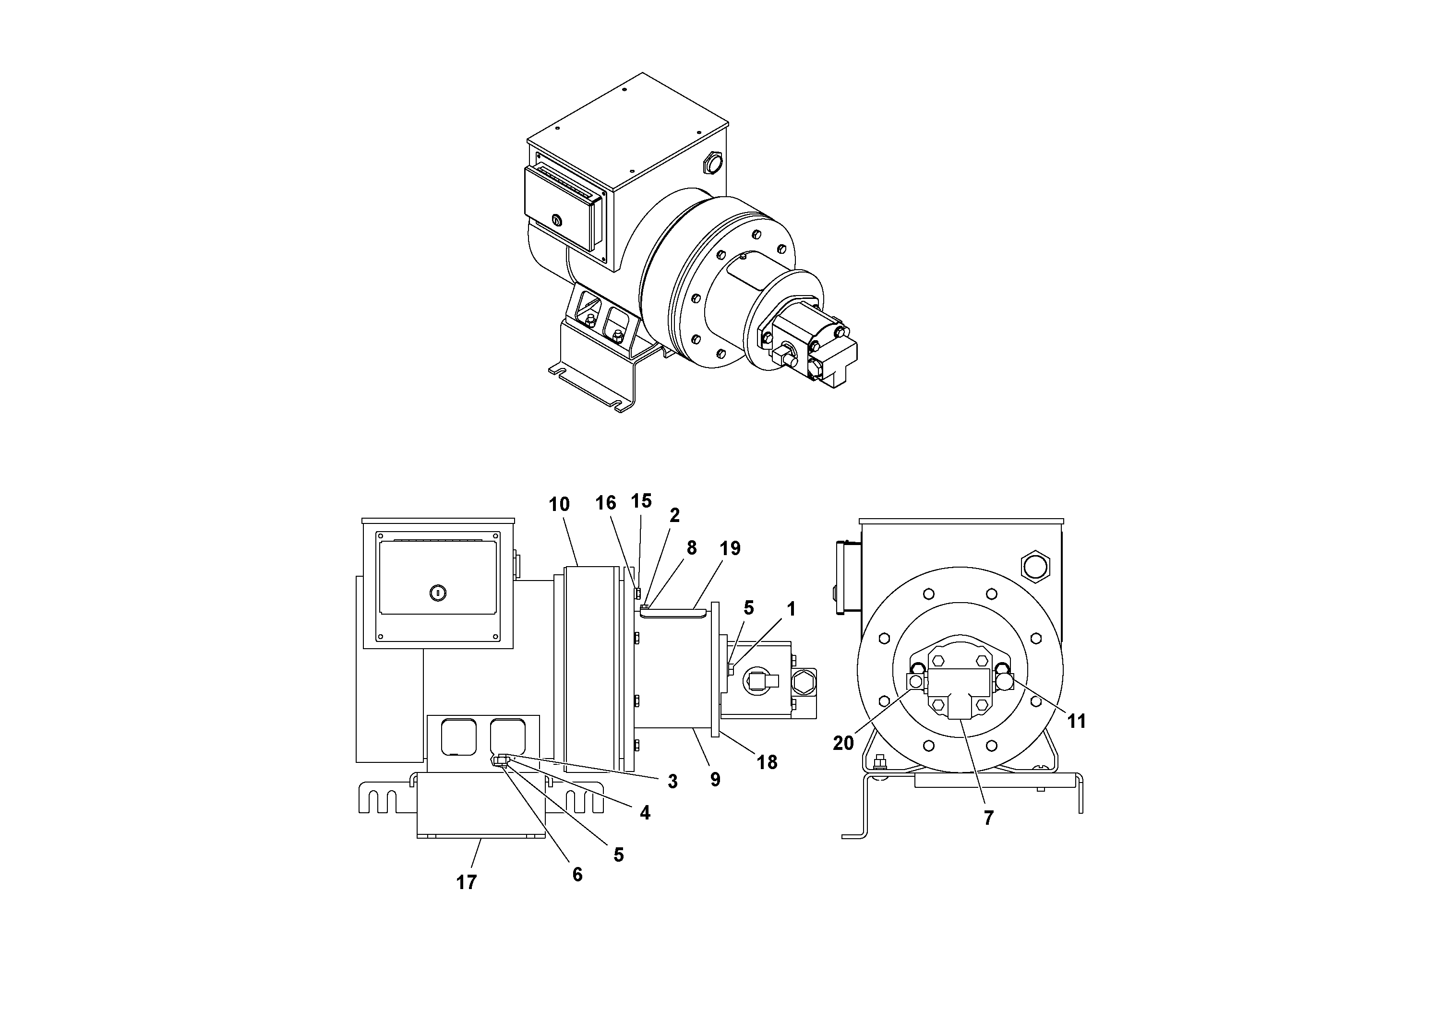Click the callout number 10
pos(559,505)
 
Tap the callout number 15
pos(641,501)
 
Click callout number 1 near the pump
pos(791,609)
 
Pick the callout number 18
pos(767,763)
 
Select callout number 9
pos(715,780)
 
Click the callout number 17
pos(466,882)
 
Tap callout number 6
pos(577,875)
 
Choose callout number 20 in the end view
pos(843,743)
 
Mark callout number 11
pos(1076,721)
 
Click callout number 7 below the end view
pos(988,818)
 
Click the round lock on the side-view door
pos(438,593)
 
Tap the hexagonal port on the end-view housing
pos(1035,567)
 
